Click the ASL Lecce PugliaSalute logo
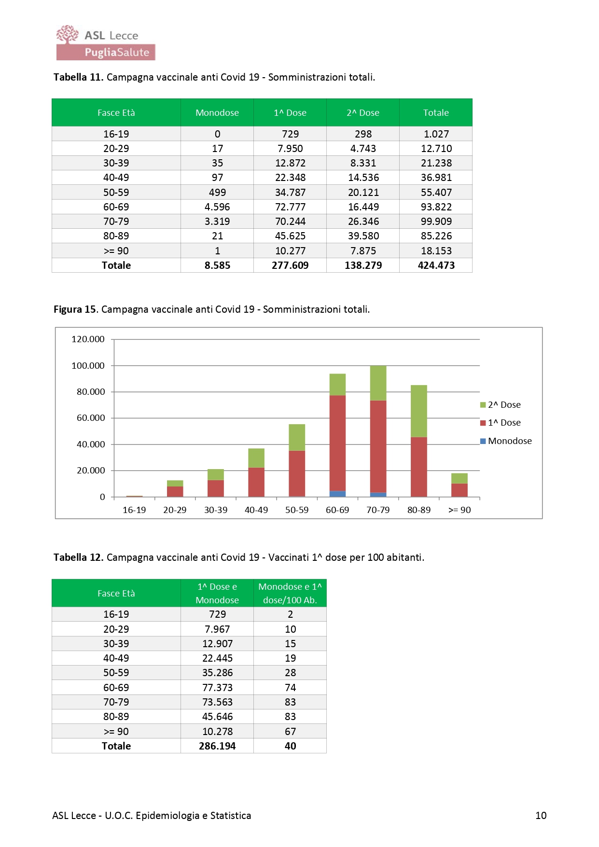[x=106, y=42]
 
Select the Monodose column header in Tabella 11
[x=217, y=112]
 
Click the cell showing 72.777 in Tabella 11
[x=290, y=207]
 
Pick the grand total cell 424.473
[x=436, y=265]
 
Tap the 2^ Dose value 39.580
[x=363, y=236]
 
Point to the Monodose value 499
[x=217, y=193]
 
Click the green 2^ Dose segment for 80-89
[x=419, y=411]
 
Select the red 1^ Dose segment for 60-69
[x=337, y=443]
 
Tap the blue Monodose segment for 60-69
[x=337, y=494]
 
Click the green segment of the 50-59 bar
[x=297, y=437]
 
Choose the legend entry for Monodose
[x=506, y=441]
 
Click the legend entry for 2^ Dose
[x=501, y=405]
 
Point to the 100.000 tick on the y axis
[x=88, y=366]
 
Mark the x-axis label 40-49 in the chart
[x=256, y=510]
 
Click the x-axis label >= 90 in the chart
[x=460, y=510]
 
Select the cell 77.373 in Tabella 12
[x=217, y=688]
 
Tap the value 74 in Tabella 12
[x=290, y=688]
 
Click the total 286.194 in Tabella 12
[x=217, y=746]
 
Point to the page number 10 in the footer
[x=541, y=816]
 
